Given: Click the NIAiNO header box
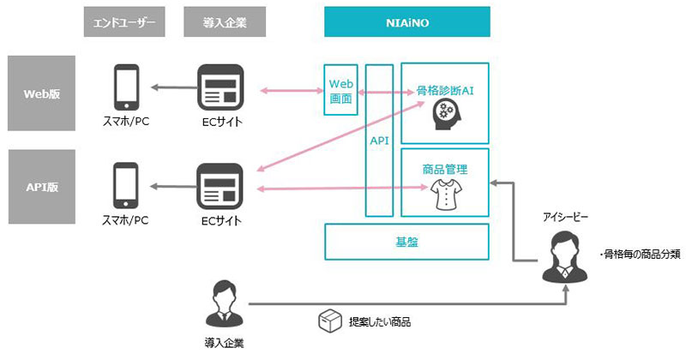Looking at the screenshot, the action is tap(406, 22).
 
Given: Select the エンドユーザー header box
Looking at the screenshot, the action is tap(124, 22).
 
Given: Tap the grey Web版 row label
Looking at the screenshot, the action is tap(41, 93).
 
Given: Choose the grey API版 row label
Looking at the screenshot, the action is tap(41, 187).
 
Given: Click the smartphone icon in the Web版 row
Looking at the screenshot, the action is tap(126, 87).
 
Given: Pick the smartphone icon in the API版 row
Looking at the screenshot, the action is tap(126, 185).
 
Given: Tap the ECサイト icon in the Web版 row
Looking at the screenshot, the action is tap(220, 87).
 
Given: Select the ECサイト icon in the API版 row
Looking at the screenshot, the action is tap(220, 186).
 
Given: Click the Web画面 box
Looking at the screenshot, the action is tap(340, 90).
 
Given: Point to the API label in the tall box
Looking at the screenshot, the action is tap(379, 141).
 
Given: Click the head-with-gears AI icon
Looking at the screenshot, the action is tap(445, 115).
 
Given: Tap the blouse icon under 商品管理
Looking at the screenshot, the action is tap(446, 195).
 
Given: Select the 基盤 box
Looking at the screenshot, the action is tap(406, 242).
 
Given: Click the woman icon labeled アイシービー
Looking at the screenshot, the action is tap(565, 257).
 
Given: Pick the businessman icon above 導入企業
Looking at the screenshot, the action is tap(224, 304).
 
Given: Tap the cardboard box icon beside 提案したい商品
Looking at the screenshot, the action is tap(330, 321).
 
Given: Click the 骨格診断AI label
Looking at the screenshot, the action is tap(445, 91).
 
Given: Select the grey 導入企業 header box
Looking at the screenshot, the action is tap(225, 22).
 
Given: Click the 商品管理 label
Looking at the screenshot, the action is tap(445, 169).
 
